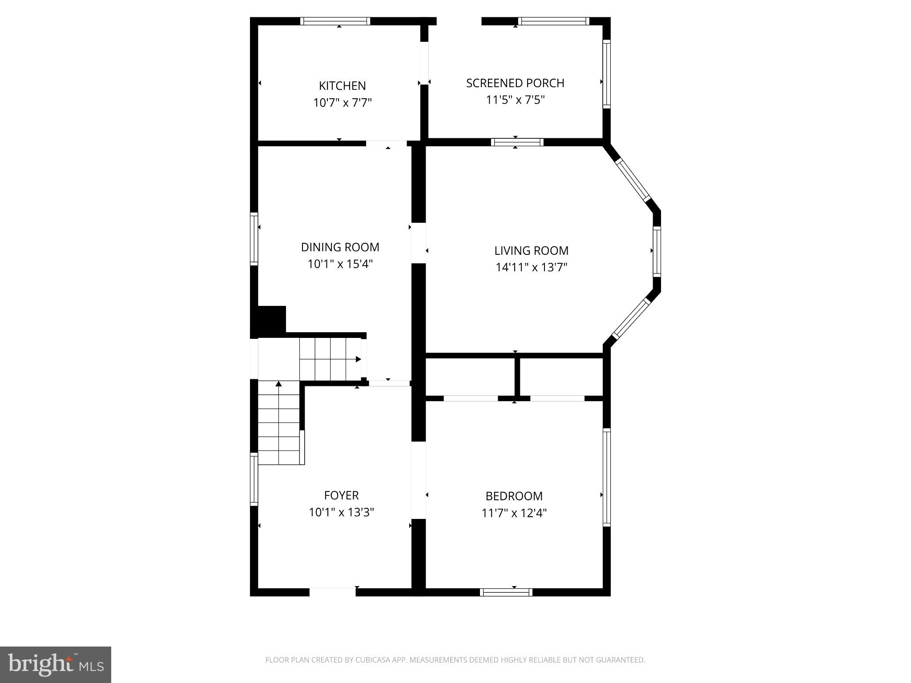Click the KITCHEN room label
tap(342, 86)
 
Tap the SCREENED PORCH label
tap(515, 83)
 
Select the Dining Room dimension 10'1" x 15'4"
tap(340, 264)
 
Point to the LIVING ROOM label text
tap(532, 251)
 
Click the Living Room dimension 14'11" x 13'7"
tap(532, 267)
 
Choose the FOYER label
tap(341, 495)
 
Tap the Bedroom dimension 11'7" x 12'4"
tap(514, 513)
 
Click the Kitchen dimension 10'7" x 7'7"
tap(342, 103)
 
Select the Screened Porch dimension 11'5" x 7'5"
tap(515, 100)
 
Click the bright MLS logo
tap(56, 664)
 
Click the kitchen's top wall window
tap(335, 21)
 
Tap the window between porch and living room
tap(517, 142)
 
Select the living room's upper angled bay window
tap(633, 180)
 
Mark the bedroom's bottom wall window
tap(506, 592)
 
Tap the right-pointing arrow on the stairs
tap(358, 359)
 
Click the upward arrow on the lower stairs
tap(279, 384)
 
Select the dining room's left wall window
tap(254, 239)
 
